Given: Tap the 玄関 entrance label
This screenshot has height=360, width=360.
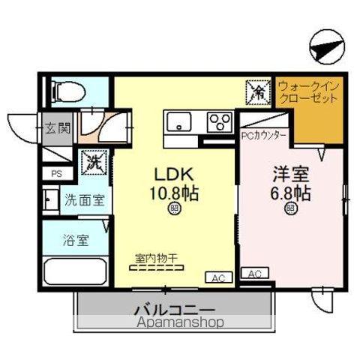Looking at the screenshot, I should tap(58, 128).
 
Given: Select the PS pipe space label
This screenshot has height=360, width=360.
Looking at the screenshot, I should tap(55, 173).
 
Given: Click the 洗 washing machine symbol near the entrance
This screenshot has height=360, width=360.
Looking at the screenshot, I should tap(94, 161).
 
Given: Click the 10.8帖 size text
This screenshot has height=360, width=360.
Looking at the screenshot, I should tap(173, 192).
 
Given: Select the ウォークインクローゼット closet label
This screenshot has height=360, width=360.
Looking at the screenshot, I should tap(308, 92).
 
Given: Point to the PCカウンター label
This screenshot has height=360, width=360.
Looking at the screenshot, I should tap(263, 136).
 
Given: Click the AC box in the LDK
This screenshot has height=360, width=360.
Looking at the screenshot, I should tap(218, 278).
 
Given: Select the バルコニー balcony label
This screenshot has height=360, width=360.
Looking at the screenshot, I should tap(175, 309).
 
